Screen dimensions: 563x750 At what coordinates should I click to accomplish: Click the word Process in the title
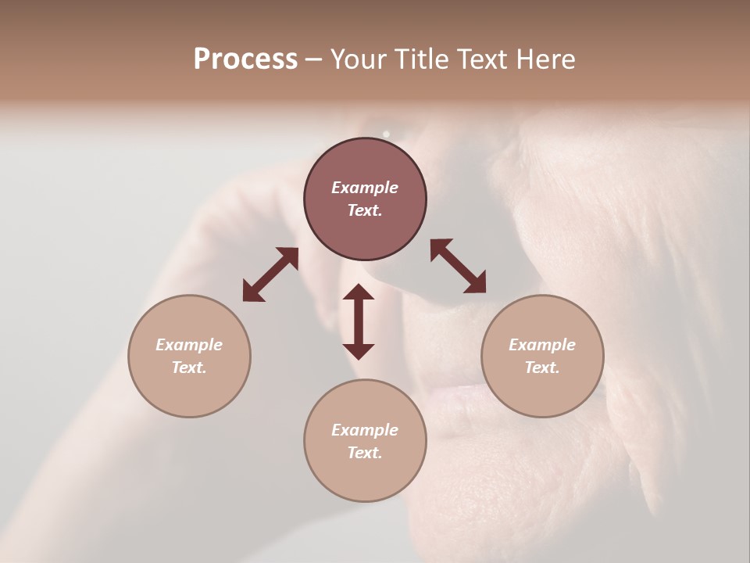click(x=245, y=59)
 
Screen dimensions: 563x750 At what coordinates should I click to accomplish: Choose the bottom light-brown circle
click(x=365, y=476)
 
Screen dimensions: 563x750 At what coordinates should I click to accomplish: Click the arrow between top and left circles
click(x=270, y=274)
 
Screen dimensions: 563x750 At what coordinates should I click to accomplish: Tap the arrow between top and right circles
click(x=458, y=266)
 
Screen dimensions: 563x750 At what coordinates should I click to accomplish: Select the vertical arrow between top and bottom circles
click(x=359, y=321)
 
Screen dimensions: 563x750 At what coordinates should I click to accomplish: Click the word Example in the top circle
click(x=365, y=188)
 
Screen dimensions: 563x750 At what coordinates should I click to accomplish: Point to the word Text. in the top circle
click(x=365, y=210)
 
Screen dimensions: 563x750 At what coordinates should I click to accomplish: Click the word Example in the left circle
click(x=189, y=345)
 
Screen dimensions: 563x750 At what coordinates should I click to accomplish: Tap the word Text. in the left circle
click(x=189, y=368)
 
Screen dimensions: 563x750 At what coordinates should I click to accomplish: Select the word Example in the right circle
click(x=542, y=345)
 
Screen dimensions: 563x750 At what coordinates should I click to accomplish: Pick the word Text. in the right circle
click(x=542, y=368)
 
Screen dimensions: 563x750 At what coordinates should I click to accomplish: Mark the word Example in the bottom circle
click(x=365, y=430)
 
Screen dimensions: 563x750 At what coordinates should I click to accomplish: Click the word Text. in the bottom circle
click(x=365, y=453)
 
